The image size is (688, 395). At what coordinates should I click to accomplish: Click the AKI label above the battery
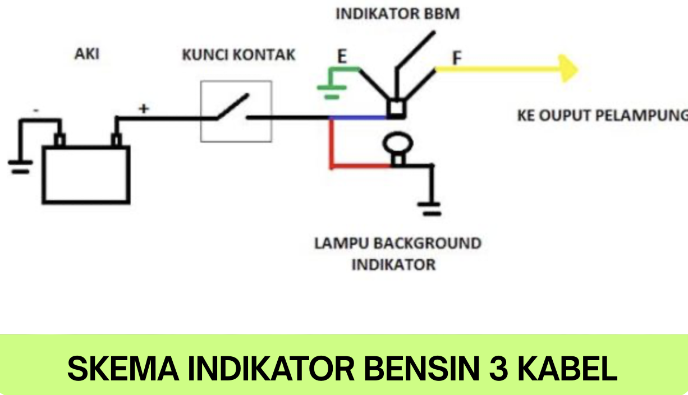point(87,54)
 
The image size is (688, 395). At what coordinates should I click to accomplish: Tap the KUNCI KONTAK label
point(238,55)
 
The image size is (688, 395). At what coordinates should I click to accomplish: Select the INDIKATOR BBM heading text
point(397,14)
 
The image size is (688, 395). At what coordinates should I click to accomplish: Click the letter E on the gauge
point(341,57)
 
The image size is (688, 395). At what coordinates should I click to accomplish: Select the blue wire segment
point(359,118)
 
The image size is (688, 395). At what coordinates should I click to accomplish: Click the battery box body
point(86,174)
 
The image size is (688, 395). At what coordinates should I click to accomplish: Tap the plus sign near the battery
point(144,109)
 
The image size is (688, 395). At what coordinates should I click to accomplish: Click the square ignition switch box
point(236,111)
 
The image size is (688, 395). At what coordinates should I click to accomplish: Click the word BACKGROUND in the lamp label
point(427,244)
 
